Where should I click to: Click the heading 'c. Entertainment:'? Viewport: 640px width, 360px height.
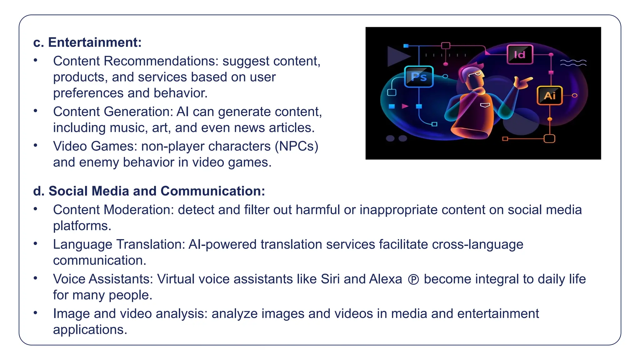click(x=87, y=42)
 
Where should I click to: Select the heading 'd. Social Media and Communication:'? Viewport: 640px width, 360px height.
click(x=149, y=191)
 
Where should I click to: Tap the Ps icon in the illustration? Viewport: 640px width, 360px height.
click(x=419, y=77)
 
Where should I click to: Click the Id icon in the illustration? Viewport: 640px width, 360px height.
click(x=520, y=55)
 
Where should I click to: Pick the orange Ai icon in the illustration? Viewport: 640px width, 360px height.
click(x=550, y=95)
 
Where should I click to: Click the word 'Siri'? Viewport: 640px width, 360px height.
click(x=330, y=279)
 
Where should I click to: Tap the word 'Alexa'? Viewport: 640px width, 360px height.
click(x=385, y=279)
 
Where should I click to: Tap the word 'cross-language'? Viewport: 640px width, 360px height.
click(x=477, y=244)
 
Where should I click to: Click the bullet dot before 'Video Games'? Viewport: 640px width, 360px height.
click(x=36, y=145)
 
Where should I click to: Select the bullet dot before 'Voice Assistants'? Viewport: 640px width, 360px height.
click(x=36, y=278)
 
